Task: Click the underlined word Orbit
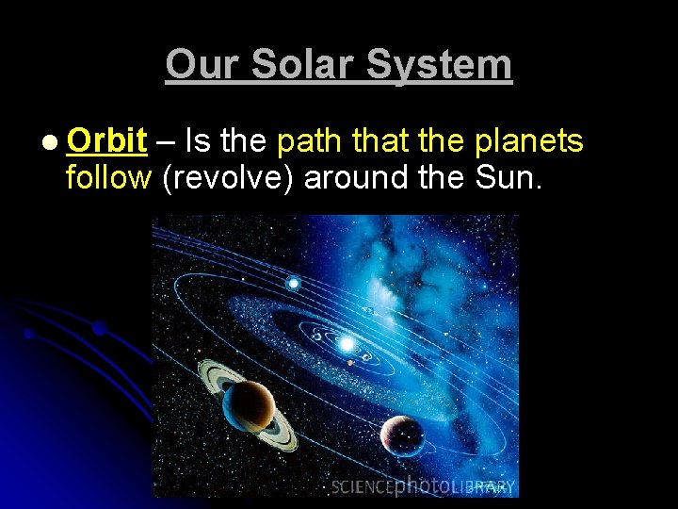click(106, 141)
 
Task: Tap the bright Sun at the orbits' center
click(347, 344)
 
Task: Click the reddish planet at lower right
click(402, 436)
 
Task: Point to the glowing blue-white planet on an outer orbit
click(294, 283)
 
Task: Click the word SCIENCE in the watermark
click(362, 487)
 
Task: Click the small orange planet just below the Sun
click(349, 363)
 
